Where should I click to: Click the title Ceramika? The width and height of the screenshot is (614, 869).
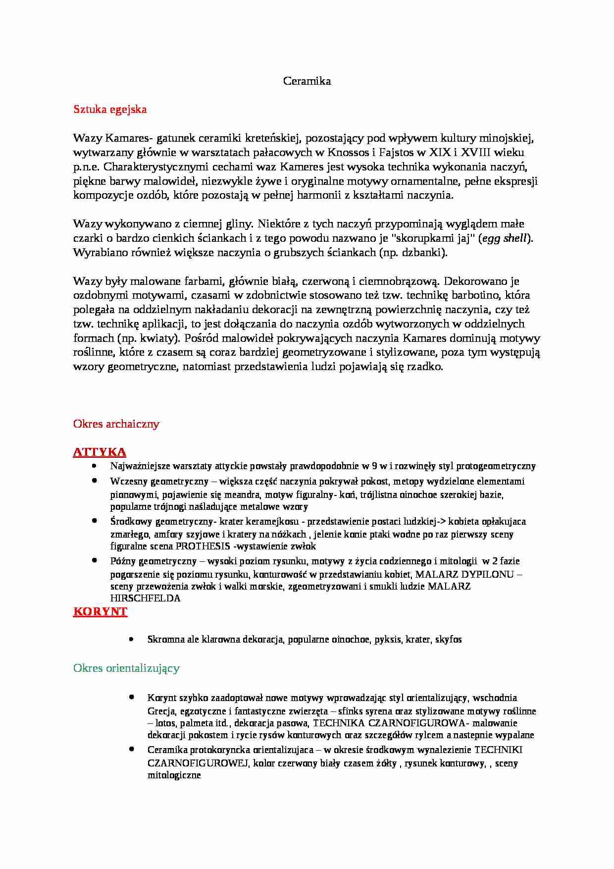tap(307, 81)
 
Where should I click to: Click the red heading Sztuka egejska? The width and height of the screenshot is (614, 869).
tap(110, 109)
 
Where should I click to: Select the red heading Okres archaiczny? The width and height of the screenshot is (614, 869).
tap(116, 424)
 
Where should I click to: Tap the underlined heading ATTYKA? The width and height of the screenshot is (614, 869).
tap(100, 452)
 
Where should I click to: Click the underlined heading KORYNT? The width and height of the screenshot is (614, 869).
tap(101, 611)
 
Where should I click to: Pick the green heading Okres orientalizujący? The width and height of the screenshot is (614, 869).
tap(126, 668)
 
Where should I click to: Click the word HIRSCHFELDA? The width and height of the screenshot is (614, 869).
tap(146, 598)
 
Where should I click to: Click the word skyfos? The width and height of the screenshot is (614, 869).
tap(449, 640)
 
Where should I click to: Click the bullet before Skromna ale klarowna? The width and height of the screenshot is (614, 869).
tap(131, 639)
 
